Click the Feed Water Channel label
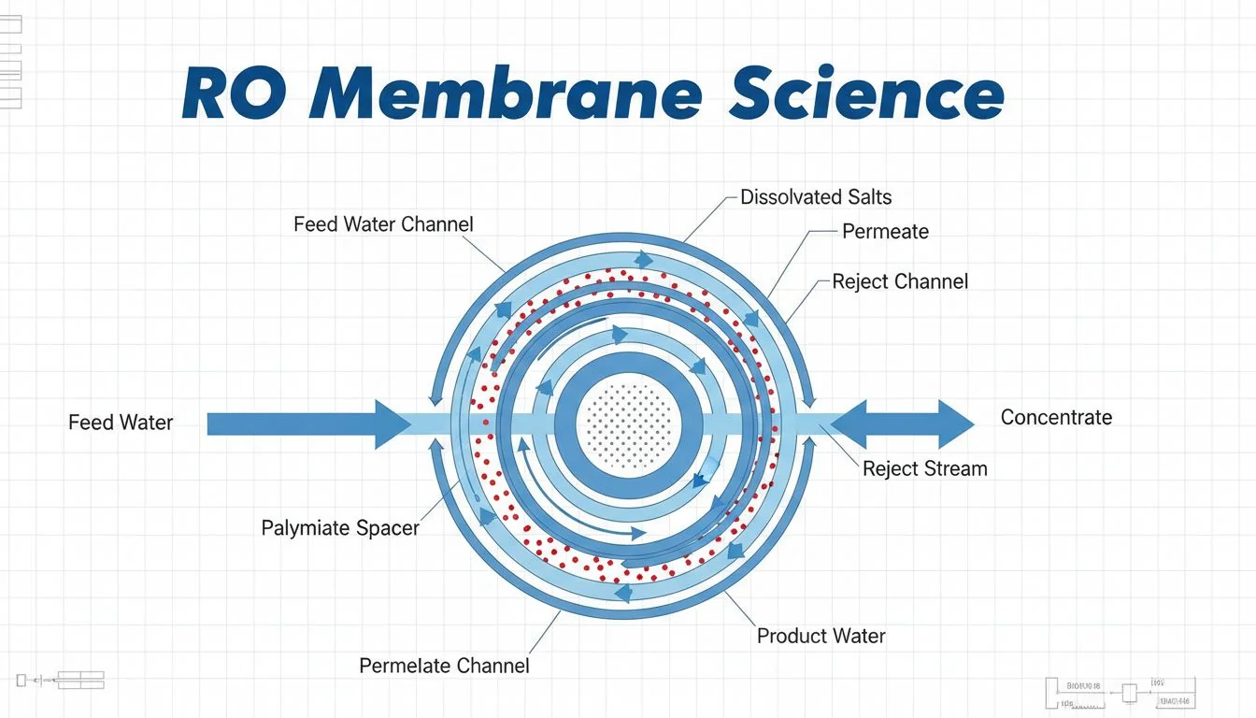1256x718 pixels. (383, 224)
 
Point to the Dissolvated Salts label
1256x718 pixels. (816, 197)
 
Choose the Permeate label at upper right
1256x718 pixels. (885, 231)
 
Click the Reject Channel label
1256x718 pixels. (900, 281)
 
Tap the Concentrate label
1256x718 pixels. (1056, 418)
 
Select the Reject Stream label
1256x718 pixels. (924, 468)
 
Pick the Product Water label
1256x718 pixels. (821, 637)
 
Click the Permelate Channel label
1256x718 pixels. (444, 666)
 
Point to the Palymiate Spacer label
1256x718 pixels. (340, 528)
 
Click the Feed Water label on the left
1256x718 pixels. (121, 423)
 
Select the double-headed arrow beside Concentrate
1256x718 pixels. (902, 424)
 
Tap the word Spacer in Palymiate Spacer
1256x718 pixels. (387, 528)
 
